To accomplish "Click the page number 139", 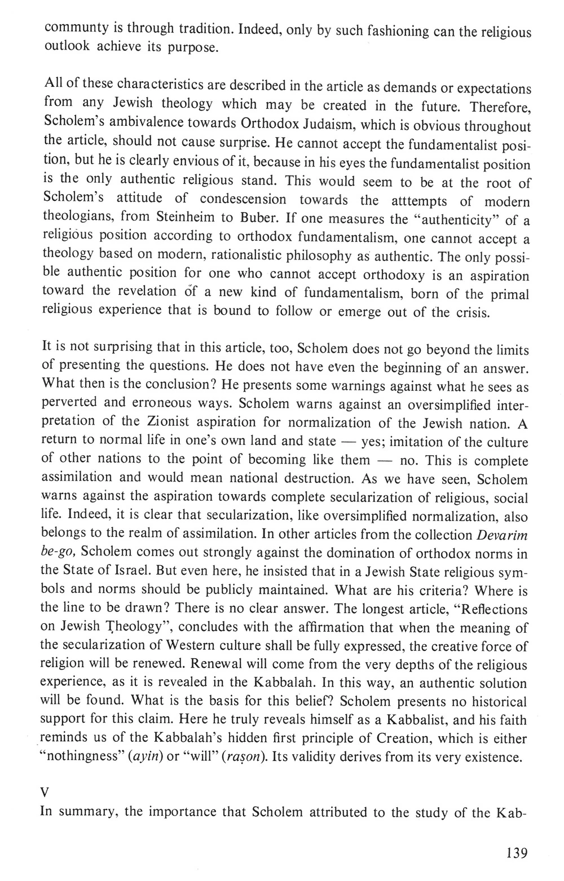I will [515, 852].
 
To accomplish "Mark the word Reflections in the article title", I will [495, 609].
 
